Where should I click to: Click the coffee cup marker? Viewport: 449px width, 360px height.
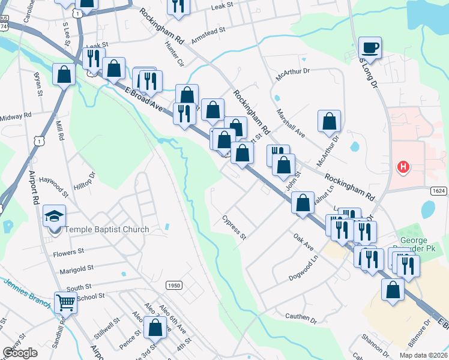(x=370, y=47)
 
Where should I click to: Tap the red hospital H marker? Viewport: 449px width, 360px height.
(x=404, y=167)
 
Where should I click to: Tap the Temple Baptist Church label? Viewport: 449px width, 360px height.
(x=107, y=229)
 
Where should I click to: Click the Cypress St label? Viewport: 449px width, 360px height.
(x=234, y=227)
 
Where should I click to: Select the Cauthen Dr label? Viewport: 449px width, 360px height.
(x=300, y=317)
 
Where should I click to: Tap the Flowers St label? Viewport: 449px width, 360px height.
(x=68, y=253)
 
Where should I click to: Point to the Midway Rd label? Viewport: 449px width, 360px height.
(x=16, y=116)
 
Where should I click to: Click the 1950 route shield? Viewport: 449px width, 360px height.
(x=173, y=286)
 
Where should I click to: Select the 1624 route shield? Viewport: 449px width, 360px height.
(x=439, y=190)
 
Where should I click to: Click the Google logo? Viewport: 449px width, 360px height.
(x=20, y=353)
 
